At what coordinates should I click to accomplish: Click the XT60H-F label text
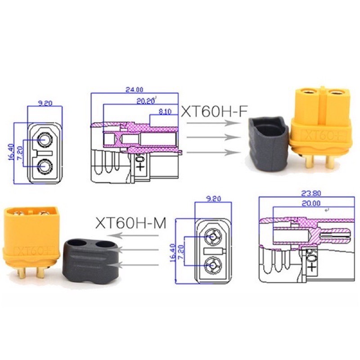214,111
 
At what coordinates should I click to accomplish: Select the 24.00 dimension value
134,90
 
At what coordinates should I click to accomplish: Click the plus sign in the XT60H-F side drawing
140,167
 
